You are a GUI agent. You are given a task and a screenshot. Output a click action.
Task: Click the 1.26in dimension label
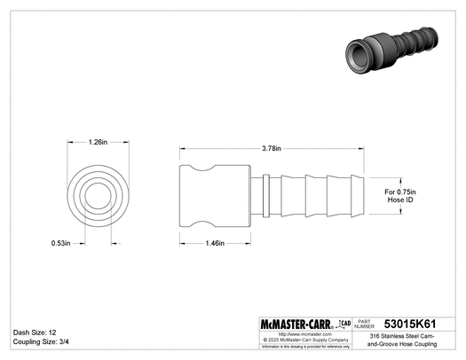click(x=99, y=141)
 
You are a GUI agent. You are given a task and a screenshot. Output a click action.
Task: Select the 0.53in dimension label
click(x=60, y=242)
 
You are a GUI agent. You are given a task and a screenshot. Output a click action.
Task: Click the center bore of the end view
click(x=99, y=194)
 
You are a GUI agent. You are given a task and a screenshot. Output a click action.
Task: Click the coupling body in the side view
click(x=216, y=194)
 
